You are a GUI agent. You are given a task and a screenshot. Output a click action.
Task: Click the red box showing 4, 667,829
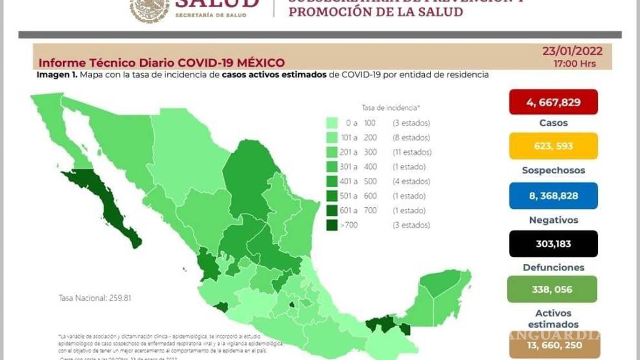coord(553,102)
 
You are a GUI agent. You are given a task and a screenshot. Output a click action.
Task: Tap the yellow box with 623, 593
coord(553,146)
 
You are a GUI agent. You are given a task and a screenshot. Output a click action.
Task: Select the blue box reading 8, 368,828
coord(553,196)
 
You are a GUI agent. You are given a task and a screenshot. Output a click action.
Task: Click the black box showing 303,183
coord(553,243)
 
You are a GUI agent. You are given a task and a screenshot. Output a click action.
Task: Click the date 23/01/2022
coord(572,52)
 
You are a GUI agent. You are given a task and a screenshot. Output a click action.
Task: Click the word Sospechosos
coord(553,171)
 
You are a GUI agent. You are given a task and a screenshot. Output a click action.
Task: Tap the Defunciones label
coord(553,267)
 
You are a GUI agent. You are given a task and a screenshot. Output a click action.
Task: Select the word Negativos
coord(553,220)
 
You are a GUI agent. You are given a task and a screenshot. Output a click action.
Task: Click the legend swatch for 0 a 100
coord(333,123)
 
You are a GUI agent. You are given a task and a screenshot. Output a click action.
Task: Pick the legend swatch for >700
coord(333,225)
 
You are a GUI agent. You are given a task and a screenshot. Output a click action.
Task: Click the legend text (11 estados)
coord(412,152)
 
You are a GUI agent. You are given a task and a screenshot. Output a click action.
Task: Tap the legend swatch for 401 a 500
coord(333,181)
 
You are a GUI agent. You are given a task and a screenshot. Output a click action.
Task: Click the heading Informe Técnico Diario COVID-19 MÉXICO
coord(161,63)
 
